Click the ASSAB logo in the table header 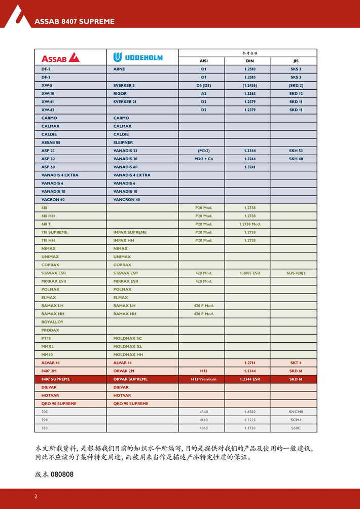[60, 57]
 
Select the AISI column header [203, 61]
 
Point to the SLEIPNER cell [123, 142]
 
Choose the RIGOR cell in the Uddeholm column [120, 93]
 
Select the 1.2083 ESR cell [249, 273]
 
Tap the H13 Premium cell [203, 379]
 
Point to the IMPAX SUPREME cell [130, 232]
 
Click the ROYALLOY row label [52, 322]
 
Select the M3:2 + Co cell [203, 159]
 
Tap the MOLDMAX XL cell [128, 347]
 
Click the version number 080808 [62, 475]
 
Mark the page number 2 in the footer [35, 497]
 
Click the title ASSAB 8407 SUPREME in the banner [74, 21]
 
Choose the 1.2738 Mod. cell [249, 224]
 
